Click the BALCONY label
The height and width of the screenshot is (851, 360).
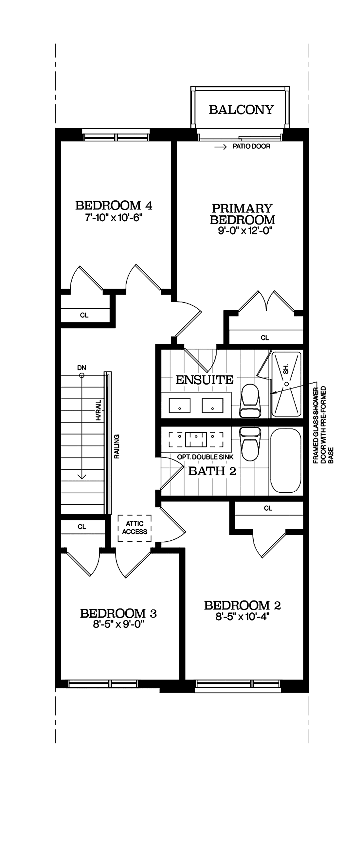[x=242, y=110]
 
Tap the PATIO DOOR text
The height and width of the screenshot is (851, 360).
[x=251, y=146]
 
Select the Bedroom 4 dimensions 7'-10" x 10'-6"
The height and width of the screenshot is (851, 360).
[x=114, y=218]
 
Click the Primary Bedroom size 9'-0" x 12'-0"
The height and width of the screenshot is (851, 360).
[x=243, y=231]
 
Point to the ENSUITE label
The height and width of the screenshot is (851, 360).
[x=205, y=380]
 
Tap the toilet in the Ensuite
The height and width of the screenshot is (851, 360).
[x=250, y=400]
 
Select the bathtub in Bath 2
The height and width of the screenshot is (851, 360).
[x=286, y=461]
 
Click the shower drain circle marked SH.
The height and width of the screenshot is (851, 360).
[x=286, y=384]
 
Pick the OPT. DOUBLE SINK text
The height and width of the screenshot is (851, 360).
[x=205, y=457]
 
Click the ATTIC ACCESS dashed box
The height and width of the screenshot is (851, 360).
[x=135, y=528]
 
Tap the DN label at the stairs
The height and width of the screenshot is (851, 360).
[x=81, y=368]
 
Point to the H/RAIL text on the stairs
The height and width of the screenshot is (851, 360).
[x=99, y=410]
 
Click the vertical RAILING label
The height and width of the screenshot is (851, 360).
[x=117, y=446]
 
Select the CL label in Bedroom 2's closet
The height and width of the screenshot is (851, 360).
[x=268, y=508]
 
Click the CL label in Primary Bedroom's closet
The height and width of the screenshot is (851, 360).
[x=264, y=338]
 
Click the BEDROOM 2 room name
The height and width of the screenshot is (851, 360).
[x=243, y=606]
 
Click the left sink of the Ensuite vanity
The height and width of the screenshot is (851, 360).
[x=179, y=405]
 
